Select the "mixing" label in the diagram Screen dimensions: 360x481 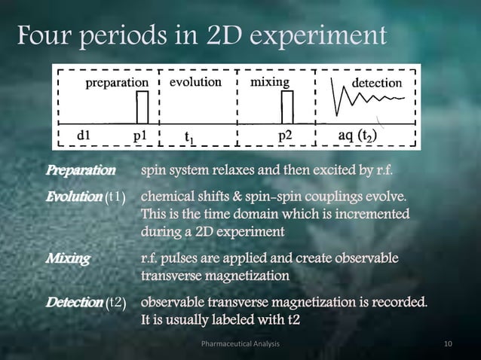(x=269, y=81)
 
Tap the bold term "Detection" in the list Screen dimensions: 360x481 (x=75, y=303)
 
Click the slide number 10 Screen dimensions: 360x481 (x=449, y=344)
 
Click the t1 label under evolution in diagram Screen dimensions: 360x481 (x=191, y=137)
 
